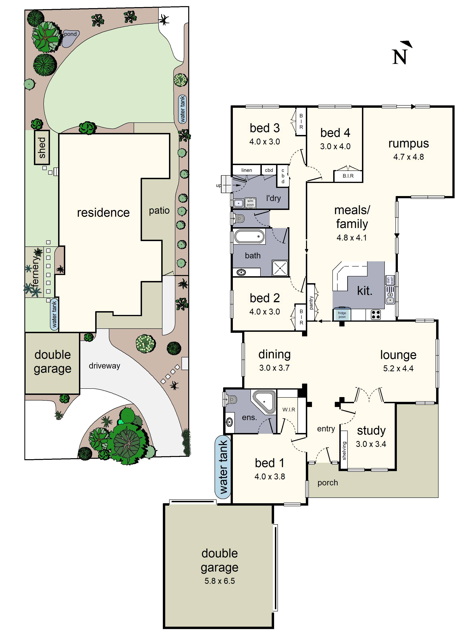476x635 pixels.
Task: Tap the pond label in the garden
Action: click(x=70, y=34)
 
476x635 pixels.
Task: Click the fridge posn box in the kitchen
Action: click(x=342, y=315)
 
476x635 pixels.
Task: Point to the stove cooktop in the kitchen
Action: click(x=376, y=315)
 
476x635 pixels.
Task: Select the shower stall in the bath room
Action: click(x=280, y=268)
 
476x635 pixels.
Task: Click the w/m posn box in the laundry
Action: click(x=250, y=203)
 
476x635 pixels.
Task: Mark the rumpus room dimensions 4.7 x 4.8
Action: click(x=408, y=157)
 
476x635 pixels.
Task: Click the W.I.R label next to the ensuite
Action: click(x=289, y=409)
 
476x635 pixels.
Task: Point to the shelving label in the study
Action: click(x=344, y=451)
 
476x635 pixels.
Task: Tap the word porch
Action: click(x=327, y=483)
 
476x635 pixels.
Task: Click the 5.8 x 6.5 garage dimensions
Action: click(x=220, y=581)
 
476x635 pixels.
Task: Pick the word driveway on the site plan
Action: click(x=105, y=366)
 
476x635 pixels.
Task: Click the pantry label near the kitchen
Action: click(x=311, y=303)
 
